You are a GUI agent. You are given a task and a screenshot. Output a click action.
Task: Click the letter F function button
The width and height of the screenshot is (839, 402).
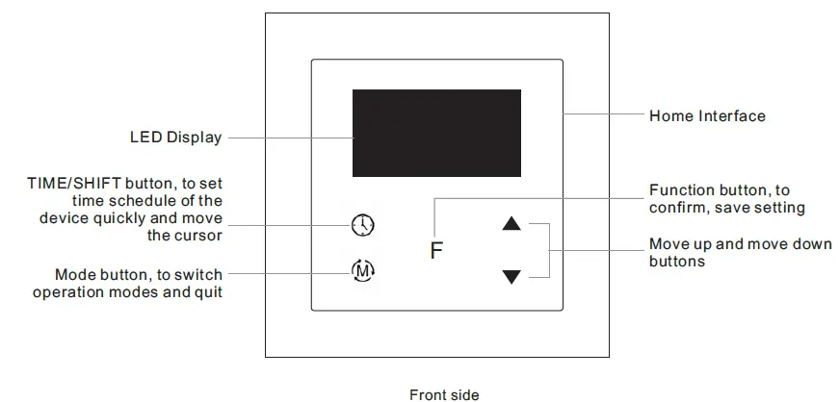(x=436, y=253)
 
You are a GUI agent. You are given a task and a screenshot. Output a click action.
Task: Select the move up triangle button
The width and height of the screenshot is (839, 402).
(x=511, y=225)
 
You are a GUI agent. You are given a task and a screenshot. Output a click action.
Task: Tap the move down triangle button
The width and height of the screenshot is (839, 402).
(x=511, y=277)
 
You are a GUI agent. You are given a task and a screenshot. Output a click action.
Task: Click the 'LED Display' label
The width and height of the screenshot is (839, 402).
(x=175, y=138)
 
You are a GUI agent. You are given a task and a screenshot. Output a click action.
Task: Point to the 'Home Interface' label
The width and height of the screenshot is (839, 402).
(x=707, y=116)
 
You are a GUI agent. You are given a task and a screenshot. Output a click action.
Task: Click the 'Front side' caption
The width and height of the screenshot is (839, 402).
(x=443, y=394)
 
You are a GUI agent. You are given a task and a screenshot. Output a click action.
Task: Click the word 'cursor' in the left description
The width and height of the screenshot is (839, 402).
(x=198, y=235)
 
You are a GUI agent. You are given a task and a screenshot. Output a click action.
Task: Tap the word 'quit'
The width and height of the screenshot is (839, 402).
(x=208, y=291)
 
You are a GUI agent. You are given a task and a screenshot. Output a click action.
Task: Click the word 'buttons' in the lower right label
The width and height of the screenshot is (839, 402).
(x=677, y=261)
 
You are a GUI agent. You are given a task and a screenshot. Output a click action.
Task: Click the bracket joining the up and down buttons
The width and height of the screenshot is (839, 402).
(x=549, y=250)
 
